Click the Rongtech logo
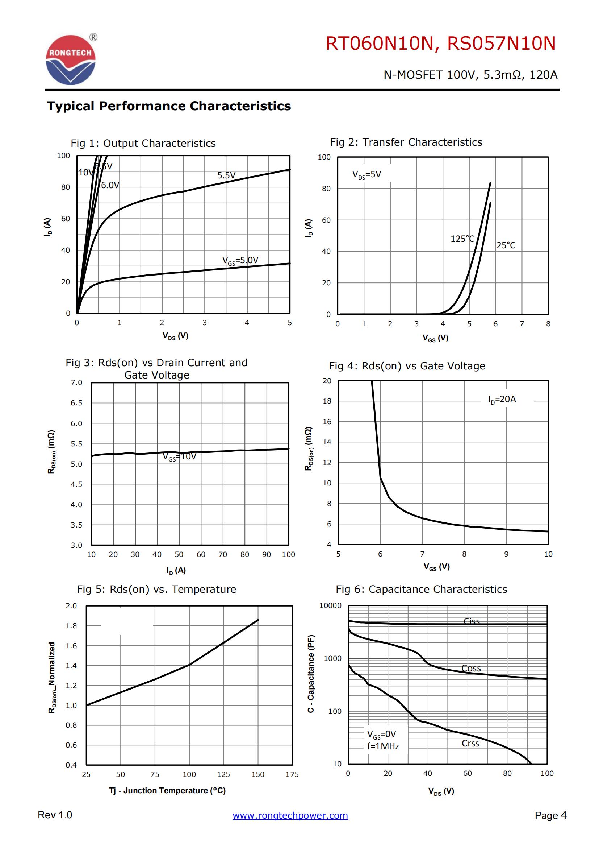[x=71, y=59]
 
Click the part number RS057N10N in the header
[x=501, y=44]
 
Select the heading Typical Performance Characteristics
[x=168, y=106]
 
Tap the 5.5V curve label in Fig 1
[x=226, y=175]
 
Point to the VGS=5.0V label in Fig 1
[x=240, y=260]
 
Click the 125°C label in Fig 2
[x=462, y=239]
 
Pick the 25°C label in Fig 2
[x=506, y=245]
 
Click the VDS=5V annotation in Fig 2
[x=366, y=174]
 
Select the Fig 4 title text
[x=407, y=366]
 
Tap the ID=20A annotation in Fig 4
[x=502, y=399]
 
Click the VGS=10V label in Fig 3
[x=180, y=457]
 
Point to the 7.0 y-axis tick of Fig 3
[x=76, y=382]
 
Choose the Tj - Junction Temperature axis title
[x=167, y=790]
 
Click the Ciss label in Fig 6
[x=472, y=621]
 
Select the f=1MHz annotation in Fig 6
[x=383, y=746]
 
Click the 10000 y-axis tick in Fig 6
[x=330, y=606]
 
